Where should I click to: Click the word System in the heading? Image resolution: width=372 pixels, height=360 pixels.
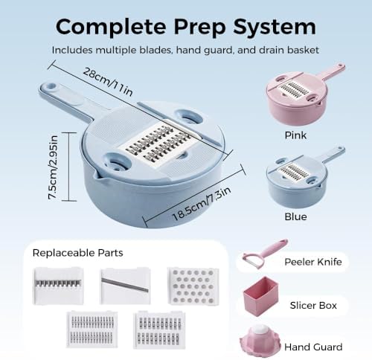pos(275,28)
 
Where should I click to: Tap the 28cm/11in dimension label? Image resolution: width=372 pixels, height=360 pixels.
pos(108,82)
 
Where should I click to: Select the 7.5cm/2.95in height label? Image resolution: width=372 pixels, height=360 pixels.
pos(53,167)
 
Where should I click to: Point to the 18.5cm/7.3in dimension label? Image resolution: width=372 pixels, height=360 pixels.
pos(202,203)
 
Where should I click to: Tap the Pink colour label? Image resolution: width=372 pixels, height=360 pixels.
pos(295,135)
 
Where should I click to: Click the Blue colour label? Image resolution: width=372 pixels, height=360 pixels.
pos(295,216)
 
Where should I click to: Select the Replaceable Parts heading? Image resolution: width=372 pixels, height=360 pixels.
pos(77,253)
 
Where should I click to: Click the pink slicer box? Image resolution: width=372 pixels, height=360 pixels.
pos(261,296)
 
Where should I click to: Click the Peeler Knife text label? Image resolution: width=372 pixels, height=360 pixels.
pos(313,262)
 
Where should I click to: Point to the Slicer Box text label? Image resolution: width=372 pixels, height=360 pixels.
pos(313,306)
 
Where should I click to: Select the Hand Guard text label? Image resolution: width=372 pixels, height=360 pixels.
pos(313,347)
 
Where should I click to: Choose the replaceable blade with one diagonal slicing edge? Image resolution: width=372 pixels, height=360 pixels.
pos(125,286)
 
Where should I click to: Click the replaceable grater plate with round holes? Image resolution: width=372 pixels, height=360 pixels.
pos(193,286)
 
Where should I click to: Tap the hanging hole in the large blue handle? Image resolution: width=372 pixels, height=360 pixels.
pos(51,87)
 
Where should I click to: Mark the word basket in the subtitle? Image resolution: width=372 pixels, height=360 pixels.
pos(303,50)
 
